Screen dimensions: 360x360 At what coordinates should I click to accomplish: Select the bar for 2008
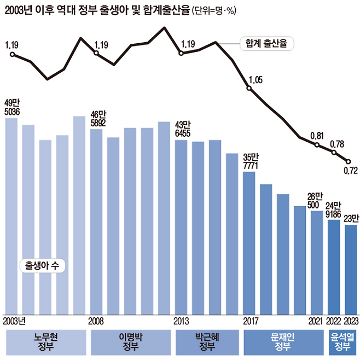point(96,222)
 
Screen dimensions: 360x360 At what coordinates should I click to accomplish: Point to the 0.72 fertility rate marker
point(347,161)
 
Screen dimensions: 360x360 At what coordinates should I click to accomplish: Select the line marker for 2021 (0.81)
point(317,145)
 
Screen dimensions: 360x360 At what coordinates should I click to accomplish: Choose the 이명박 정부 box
point(130,342)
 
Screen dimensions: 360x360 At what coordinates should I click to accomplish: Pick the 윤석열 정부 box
point(342,342)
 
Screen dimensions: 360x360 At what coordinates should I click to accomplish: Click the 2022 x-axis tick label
point(334,321)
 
